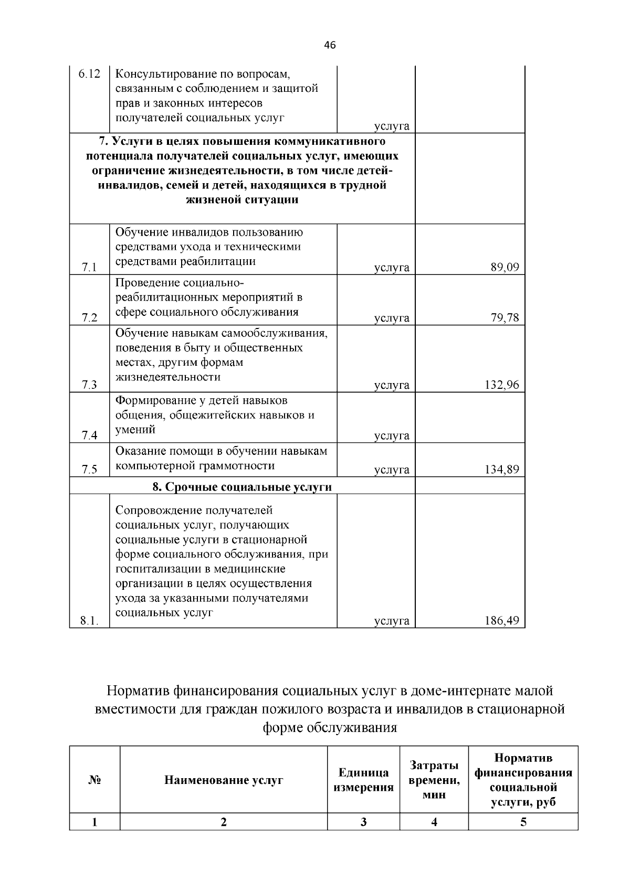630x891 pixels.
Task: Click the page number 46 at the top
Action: pyautogui.click(x=330, y=45)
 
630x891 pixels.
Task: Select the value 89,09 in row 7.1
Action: pyautogui.click(x=505, y=268)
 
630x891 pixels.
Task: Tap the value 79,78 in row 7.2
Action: pyautogui.click(x=505, y=318)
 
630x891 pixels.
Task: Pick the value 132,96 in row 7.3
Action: pyautogui.click(x=501, y=385)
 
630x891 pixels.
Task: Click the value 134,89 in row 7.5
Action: pyautogui.click(x=501, y=470)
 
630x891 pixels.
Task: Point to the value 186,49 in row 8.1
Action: pyautogui.click(x=501, y=621)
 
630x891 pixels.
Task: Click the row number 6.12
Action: pyautogui.click(x=89, y=74)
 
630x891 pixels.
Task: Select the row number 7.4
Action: pyautogui.click(x=89, y=436)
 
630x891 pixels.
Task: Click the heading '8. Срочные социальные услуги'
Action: pyautogui.click(x=242, y=487)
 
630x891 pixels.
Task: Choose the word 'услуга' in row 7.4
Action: pyautogui.click(x=392, y=436)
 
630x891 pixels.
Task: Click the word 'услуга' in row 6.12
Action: pyautogui.click(x=392, y=126)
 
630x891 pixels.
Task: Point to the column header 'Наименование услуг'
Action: pyautogui.click(x=224, y=780)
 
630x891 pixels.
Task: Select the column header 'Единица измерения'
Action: pyautogui.click(x=363, y=780)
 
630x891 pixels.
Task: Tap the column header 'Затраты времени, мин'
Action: pyautogui.click(x=434, y=780)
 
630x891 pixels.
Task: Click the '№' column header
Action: pyautogui.click(x=94, y=780)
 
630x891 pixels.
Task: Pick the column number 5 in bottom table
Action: pyautogui.click(x=523, y=822)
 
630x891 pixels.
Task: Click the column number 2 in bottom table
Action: pyautogui.click(x=224, y=822)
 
